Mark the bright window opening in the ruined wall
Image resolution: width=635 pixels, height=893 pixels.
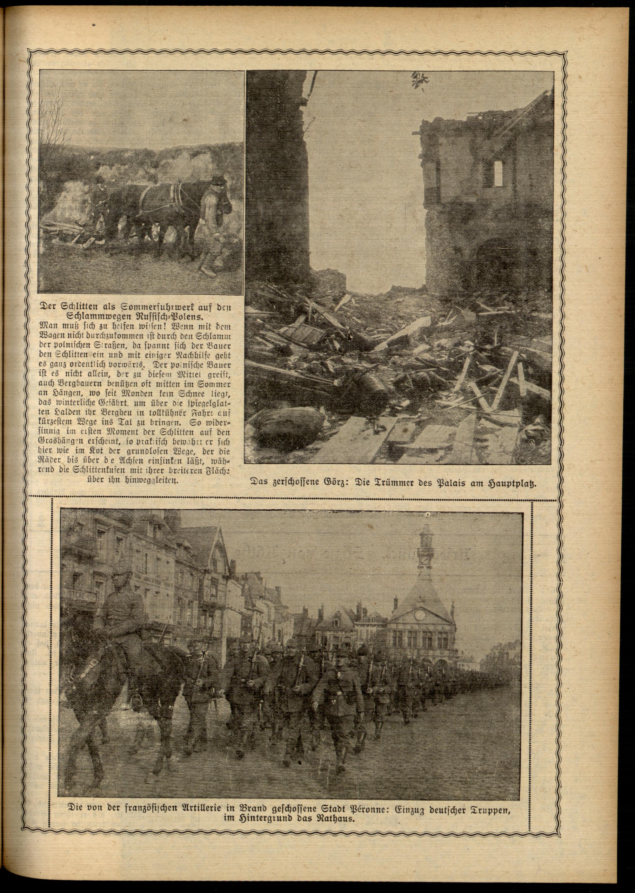498,172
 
